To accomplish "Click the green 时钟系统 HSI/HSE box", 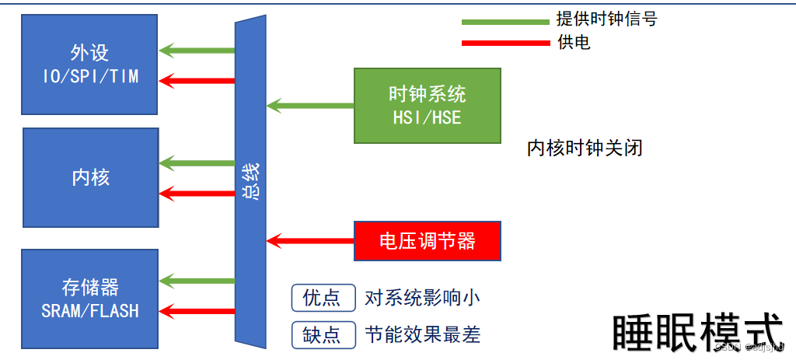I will [428, 105].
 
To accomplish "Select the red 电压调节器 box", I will [428, 241].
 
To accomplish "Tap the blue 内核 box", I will [91, 177].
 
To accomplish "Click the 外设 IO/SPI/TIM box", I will [90, 65].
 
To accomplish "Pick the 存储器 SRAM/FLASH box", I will [90, 299].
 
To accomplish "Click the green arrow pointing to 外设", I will [197, 51].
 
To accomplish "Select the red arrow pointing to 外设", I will [197, 80].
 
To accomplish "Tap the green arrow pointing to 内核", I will [197, 163].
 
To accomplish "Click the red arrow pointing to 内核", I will [197, 193].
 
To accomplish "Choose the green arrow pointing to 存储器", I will [197, 281].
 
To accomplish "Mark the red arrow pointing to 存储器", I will [197, 312].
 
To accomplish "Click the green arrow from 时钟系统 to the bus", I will [310, 104].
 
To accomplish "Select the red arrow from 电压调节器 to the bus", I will [310, 240].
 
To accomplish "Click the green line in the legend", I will [505, 22].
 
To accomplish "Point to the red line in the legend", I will [505, 43].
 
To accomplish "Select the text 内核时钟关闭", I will [585, 149].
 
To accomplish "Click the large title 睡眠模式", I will [697, 333].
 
